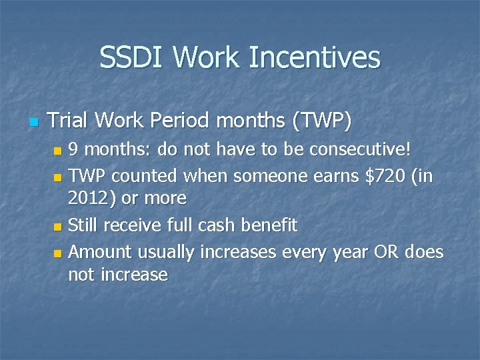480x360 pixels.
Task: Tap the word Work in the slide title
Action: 208,57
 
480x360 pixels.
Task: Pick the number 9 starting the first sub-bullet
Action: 74,150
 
